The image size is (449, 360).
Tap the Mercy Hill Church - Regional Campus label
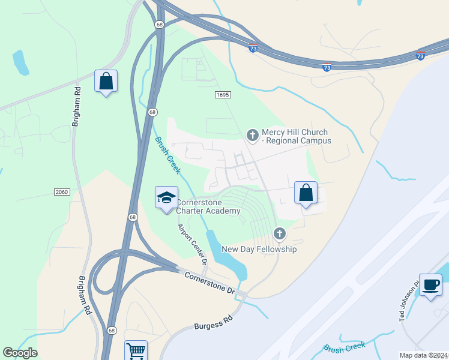point(296,137)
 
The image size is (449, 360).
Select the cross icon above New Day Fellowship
point(279,233)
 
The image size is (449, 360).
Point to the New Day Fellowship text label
point(259,249)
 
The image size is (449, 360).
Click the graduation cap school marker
point(166,197)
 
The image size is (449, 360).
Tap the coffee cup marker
point(430,284)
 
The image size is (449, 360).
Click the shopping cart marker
point(136,350)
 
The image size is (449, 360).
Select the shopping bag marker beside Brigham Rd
point(106,81)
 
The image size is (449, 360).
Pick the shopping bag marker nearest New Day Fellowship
point(306,193)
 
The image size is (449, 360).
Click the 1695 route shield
point(223,95)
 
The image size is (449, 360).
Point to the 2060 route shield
point(62,191)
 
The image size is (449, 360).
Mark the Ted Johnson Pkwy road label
point(411,301)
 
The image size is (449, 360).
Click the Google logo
point(20,353)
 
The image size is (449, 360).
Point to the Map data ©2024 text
point(423,355)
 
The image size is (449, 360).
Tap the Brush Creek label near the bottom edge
point(345,347)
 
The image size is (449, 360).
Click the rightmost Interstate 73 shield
point(420,56)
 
